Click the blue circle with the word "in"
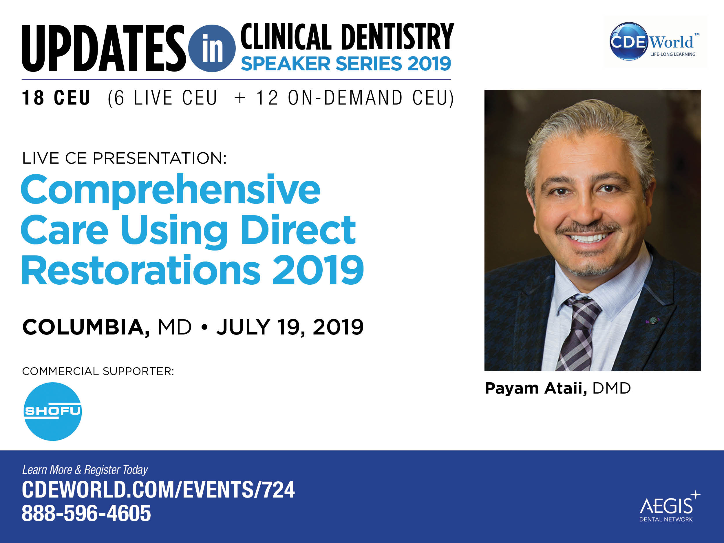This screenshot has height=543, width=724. coord(212,48)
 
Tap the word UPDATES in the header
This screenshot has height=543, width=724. coord(104,48)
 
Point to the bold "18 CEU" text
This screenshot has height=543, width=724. coord(56,98)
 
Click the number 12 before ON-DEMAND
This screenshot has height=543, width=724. coord(267,98)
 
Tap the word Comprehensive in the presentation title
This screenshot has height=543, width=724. coord(171,191)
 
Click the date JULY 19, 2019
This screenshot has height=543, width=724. coord(290,327)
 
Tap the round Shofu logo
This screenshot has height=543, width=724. coord(53,412)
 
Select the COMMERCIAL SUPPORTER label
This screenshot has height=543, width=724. coord(98,371)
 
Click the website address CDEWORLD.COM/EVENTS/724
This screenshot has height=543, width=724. coord(158,490)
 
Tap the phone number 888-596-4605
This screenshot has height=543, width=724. coord(86,513)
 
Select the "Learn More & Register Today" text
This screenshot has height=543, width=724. coord(85,470)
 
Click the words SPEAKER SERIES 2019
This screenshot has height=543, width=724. coord(346,63)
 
